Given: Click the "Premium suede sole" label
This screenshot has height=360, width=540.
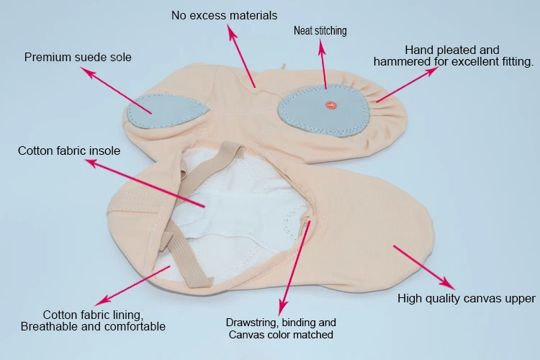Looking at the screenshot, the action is [x=78, y=57].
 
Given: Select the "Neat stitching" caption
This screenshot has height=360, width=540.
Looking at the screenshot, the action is [x=320, y=31].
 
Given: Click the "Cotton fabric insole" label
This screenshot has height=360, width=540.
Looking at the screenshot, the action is [x=69, y=151].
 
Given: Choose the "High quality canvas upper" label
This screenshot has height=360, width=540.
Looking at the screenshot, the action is [x=467, y=298].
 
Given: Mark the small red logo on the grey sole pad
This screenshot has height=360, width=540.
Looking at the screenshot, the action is [x=331, y=105].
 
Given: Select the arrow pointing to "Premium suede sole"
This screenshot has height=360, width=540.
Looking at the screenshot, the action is [x=115, y=91].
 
